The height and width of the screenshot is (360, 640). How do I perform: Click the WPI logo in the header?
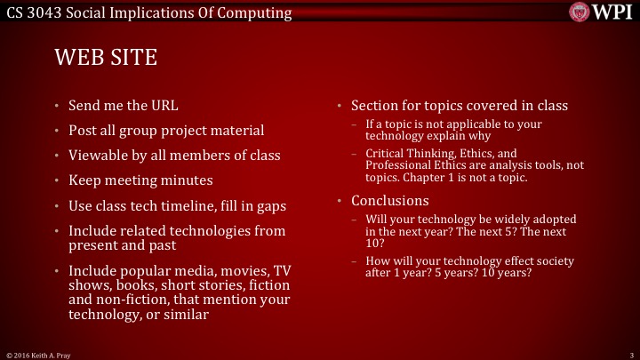point(602,12)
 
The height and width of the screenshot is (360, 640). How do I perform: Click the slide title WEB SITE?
point(106,58)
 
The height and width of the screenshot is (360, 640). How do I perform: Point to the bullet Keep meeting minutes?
point(140,180)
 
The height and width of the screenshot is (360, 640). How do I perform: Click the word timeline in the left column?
point(198,205)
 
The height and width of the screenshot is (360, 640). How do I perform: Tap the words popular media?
point(163,270)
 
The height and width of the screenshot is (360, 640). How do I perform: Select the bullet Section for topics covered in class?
point(459,106)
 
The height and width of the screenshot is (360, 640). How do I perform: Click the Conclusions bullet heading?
point(389,200)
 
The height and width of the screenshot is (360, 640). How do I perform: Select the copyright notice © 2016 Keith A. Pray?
point(41,354)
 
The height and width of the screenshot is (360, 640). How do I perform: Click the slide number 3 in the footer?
point(629,354)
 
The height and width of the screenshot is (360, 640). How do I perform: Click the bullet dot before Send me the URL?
point(59,106)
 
